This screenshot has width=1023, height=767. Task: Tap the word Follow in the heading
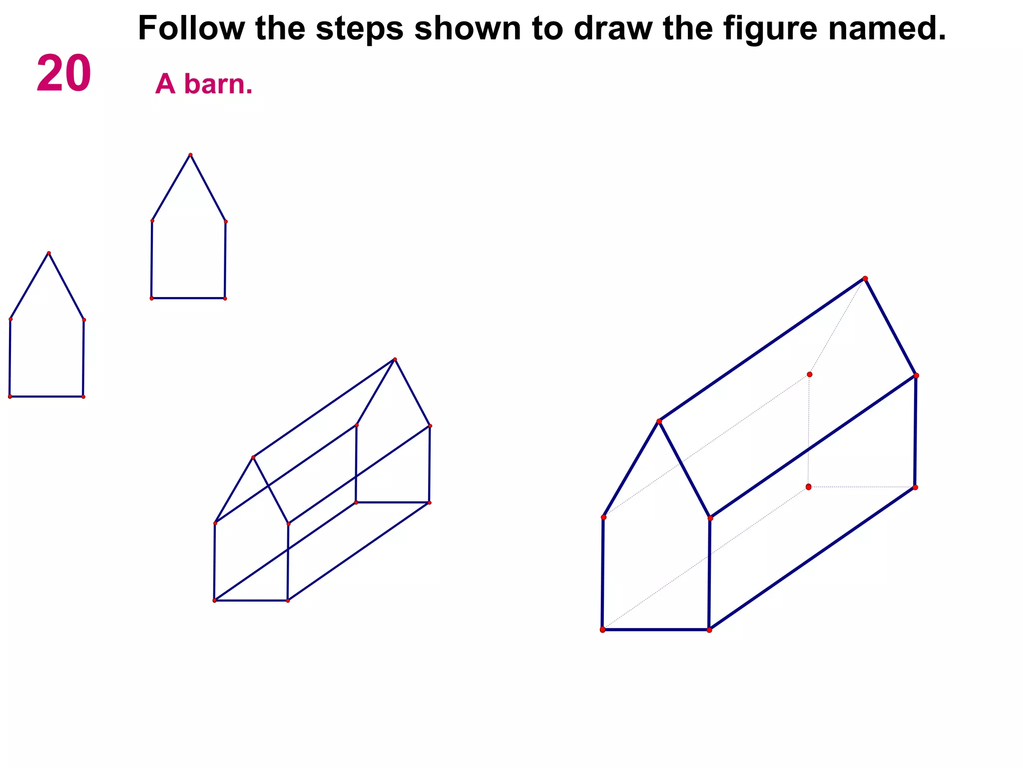[x=191, y=28]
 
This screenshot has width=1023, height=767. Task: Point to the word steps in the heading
[x=359, y=28]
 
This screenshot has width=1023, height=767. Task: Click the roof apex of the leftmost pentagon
[x=48, y=253]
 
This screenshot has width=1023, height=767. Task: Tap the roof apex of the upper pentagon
[x=190, y=155]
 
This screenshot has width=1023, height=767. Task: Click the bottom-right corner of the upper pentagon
[x=225, y=299]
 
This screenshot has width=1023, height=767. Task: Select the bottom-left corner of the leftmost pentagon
[x=9, y=396]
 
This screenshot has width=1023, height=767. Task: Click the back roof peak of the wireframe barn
[x=395, y=359]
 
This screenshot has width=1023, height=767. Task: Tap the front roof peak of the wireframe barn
[x=253, y=457]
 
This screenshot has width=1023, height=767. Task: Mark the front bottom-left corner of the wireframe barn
[x=214, y=600]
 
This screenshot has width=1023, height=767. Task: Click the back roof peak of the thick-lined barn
[x=865, y=279]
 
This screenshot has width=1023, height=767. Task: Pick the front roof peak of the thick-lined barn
[x=659, y=421]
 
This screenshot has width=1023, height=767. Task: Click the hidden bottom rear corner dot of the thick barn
[x=808, y=487]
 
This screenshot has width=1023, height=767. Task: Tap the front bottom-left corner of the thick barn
[x=602, y=630]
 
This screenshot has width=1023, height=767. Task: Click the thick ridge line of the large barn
[x=762, y=350]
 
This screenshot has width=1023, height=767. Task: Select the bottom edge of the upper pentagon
[x=188, y=299]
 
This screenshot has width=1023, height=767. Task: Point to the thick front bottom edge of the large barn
[x=655, y=630]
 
